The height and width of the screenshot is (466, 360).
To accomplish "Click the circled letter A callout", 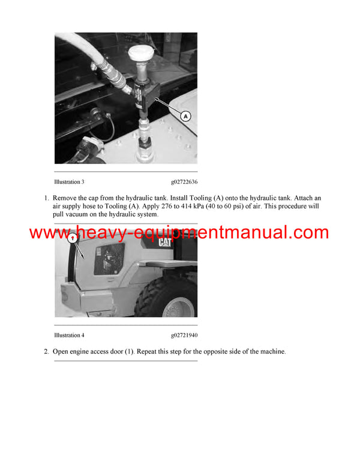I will pos(186,116).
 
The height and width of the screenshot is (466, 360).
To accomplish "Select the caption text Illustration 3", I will pos(69,181).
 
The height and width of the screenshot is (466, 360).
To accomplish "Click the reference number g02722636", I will pos(184,181).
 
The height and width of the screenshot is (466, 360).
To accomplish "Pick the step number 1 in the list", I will pos(46,198).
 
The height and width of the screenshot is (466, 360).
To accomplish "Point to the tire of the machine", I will pos(169,297).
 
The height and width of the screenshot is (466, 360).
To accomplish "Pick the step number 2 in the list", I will pos(46,351).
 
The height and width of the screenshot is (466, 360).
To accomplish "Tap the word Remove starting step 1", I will pos(65,198).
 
